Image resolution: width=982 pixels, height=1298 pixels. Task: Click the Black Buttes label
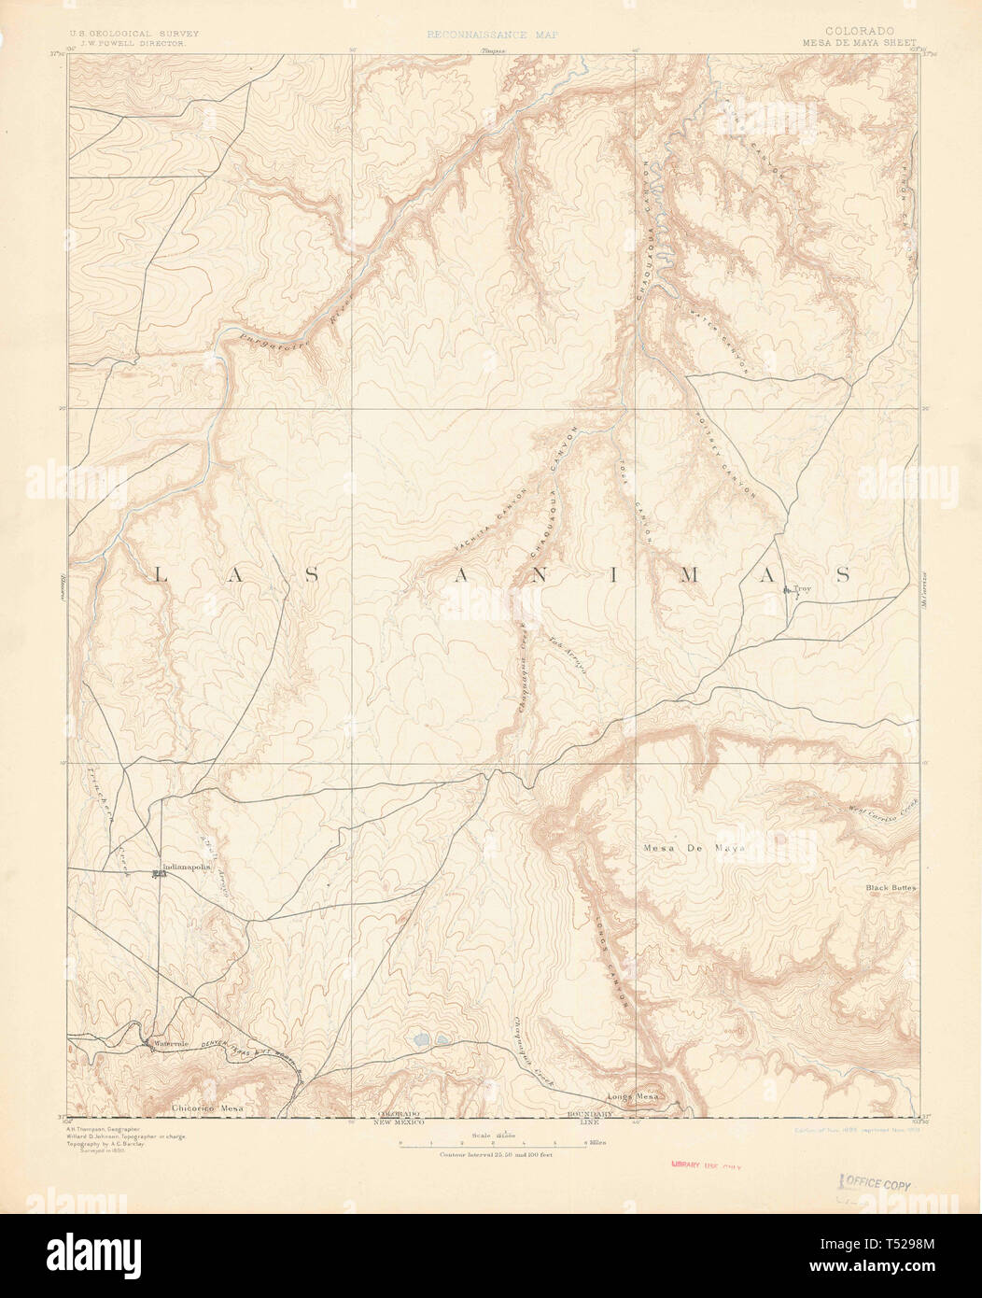(891, 888)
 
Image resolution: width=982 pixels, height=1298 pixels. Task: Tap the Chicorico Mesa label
(207, 1108)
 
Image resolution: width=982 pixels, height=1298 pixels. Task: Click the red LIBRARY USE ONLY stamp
(711, 1165)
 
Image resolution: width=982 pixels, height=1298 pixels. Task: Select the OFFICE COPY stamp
(877, 1183)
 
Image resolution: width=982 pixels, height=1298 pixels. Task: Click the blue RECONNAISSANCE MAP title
(491, 35)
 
